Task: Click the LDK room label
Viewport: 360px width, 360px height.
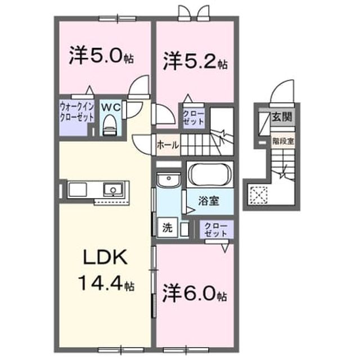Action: [x=105, y=257]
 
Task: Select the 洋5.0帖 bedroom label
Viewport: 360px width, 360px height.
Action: [x=101, y=56]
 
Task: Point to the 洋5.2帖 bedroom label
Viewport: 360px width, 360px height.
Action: [x=195, y=61]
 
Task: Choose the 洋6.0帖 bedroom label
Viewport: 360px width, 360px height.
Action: [x=195, y=294]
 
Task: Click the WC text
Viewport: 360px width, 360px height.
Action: [x=111, y=107]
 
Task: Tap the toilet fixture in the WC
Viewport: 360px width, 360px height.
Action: [x=110, y=125]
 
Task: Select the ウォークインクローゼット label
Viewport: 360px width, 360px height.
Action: [x=77, y=112]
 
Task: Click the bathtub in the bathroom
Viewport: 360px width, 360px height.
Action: [x=209, y=174]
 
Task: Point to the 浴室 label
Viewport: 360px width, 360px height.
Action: [x=209, y=201]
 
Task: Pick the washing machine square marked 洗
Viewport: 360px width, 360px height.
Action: [x=168, y=227]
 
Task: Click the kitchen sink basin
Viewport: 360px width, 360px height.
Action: [x=112, y=189]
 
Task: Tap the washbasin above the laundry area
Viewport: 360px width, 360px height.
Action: [x=169, y=180]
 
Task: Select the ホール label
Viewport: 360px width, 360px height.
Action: [x=168, y=145]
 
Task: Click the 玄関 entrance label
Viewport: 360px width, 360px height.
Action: [x=282, y=118]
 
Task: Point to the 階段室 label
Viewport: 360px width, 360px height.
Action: [x=283, y=141]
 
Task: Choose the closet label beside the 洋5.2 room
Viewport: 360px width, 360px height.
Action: [x=193, y=118]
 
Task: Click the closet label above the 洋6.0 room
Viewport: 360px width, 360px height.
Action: [x=216, y=229]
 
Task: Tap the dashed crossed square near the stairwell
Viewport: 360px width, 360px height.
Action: [x=259, y=195]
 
